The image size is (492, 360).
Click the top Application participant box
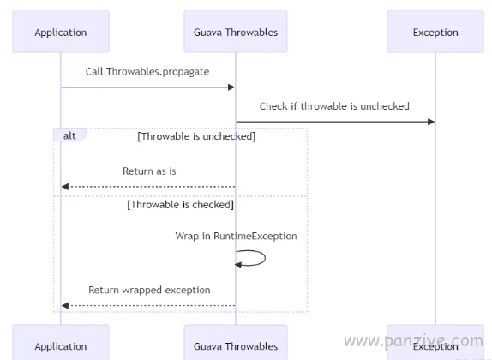point(61,32)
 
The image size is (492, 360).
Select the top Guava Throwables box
point(236,32)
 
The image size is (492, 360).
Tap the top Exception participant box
point(435,32)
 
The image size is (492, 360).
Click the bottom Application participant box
point(61,343)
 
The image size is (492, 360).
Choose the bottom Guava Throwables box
point(236,343)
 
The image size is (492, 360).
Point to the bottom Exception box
point(435,343)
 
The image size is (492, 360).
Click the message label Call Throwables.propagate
point(147,72)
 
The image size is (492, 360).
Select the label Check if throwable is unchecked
point(334,106)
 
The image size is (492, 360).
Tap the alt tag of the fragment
point(69,135)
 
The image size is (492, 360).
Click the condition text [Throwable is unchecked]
point(196,136)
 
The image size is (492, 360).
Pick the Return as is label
point(149,171)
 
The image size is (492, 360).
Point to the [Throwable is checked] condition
point(180,205)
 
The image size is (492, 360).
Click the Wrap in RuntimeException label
point(236,236)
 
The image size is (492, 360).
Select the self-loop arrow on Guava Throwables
point(265,258)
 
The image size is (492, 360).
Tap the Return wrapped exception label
point(149,290)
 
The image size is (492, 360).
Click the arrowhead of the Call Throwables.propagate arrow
point(231,87)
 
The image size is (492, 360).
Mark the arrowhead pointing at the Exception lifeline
point(431,122)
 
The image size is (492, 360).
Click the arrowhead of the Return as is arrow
point(65,187)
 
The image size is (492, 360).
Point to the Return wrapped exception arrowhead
point(65,305)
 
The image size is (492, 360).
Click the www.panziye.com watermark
point(413,341)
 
